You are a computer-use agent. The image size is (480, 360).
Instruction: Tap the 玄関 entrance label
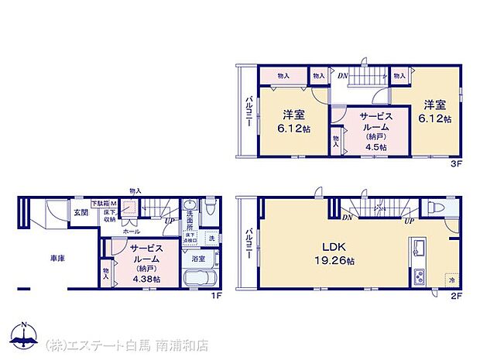click(x=81, y=211)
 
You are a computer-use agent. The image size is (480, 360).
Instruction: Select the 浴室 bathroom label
click(x=198, y=259)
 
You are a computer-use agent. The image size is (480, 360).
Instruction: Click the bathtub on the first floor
click(x=200, y=279)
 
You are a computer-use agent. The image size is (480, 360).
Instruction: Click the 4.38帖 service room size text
click(x=146, y=279)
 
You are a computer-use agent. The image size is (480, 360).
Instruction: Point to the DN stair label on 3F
click(x=342, y=75)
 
